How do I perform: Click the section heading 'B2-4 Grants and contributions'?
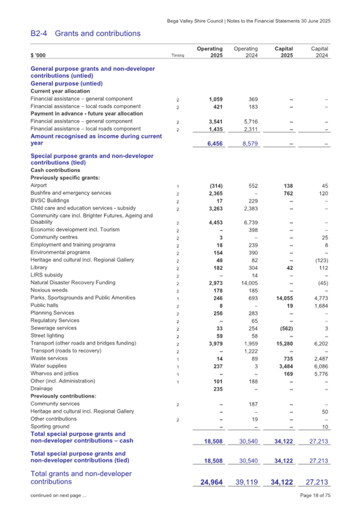click(x=86, y=34)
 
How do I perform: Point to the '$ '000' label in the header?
click(x=38, y=55)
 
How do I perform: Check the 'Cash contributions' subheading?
click(x=55, y=170)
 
